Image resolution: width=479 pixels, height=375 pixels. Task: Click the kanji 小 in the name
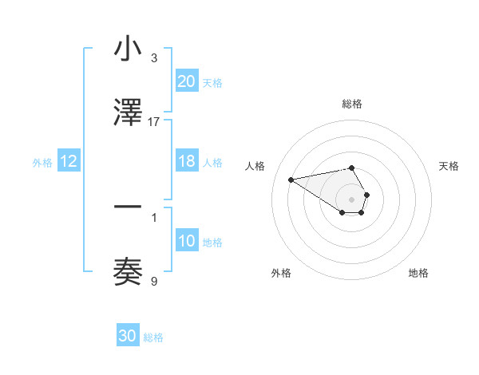(x=128, y=49)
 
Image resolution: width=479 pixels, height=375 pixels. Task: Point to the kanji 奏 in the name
(x=128, y=272)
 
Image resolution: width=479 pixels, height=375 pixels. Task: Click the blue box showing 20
(x=187, y=81)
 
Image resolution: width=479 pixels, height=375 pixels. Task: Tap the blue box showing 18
(x=187, y=161)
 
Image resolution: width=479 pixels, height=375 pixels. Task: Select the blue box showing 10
(x=187, y=241)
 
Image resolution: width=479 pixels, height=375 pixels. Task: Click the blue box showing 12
(x=69, y=161)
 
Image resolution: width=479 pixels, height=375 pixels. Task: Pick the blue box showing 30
(x=128, y=336)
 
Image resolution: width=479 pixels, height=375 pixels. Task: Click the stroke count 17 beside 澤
(x=154, y=122)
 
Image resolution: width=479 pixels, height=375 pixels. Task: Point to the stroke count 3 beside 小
(x=154, y=58)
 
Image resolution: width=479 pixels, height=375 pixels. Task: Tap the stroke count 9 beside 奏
(x=154, y=281)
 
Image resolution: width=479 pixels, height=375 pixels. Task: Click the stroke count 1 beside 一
(x=154, y=217)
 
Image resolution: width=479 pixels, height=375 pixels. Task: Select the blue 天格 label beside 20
(x=212, y=83)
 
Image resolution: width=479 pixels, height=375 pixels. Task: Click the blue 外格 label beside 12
(x=42, y=163)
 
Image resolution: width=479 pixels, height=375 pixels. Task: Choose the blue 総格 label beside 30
(x=153, y=337)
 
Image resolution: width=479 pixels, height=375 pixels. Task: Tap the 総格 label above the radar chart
(x=352, y=104)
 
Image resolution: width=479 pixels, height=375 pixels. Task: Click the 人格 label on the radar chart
(x=255, y=166)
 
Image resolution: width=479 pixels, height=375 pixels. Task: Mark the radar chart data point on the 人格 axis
(x=291, y=179)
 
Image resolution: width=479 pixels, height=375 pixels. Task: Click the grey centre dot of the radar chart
(x=352, y=199)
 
